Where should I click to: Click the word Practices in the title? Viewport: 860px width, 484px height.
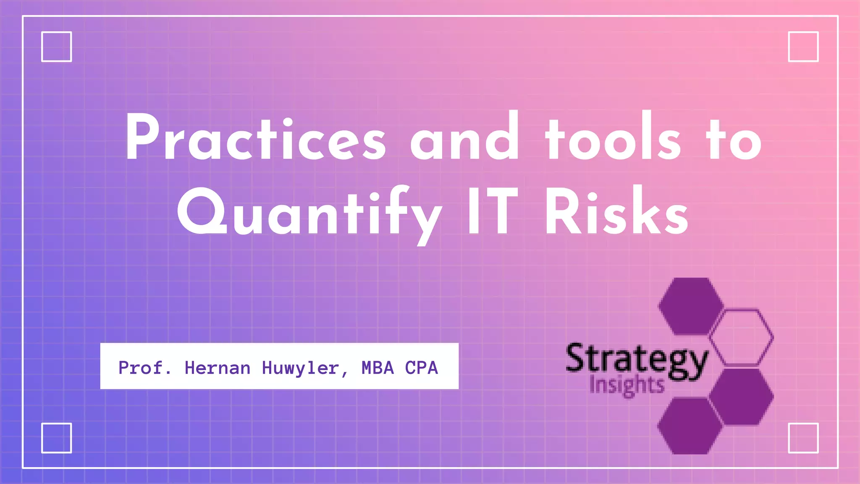(x=255, y=139)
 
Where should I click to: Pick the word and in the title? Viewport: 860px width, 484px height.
(x=464, y=139)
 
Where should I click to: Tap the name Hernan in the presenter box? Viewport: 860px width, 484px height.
(x=218, y=368)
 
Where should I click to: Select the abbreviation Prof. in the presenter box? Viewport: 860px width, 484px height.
(x=145, y=368)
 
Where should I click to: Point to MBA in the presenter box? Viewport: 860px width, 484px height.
(x=378, y=368)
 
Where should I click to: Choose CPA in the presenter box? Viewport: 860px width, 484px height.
(x=421, y=368)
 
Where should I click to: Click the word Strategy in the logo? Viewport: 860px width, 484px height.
(x=636, y=360)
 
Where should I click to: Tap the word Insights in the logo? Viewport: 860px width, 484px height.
(x=627, y=385)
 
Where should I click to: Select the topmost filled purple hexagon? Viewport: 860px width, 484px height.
(x=690, y=306)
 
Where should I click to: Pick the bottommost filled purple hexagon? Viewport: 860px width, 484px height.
(x=690, y=426)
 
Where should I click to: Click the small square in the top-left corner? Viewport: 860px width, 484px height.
(x=57, y=47)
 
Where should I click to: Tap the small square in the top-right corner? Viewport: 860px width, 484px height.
(x=803, y=47)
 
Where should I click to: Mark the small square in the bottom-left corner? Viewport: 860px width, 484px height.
(x=57, y=438)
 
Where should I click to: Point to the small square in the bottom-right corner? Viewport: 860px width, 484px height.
(x=803, y=438)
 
